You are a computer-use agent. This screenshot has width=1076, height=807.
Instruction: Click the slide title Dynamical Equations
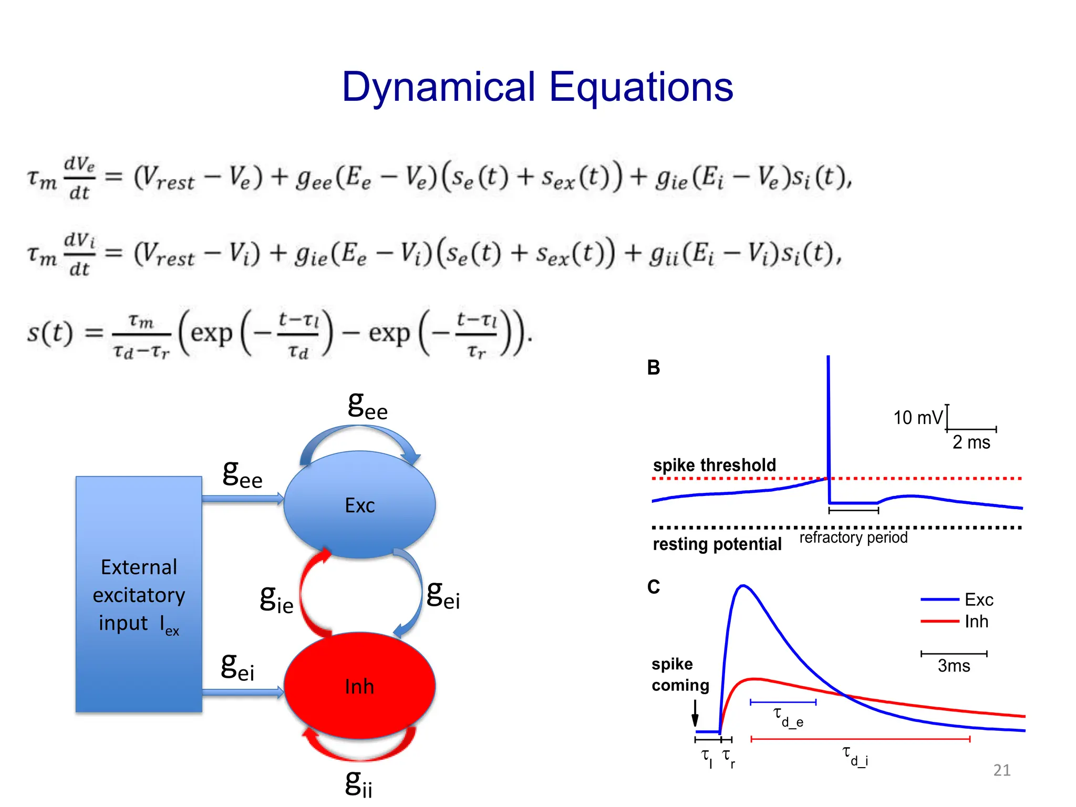coord(537,87)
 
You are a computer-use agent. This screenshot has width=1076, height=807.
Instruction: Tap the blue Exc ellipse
coord(360,505)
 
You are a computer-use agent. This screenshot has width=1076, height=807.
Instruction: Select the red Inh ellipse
coord(360,686)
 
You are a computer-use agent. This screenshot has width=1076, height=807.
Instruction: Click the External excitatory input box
coord(139,594)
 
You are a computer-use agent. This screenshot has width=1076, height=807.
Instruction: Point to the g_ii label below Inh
coord(359,783)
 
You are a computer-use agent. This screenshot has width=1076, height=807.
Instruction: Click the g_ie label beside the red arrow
coord(276,599)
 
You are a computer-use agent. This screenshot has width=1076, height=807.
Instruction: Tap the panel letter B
coord(653,368)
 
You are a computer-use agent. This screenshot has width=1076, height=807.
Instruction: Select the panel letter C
coord(653,587)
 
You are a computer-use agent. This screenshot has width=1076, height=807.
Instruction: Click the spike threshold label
coord(714,465)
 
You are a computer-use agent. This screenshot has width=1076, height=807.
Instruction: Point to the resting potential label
coord(717,544)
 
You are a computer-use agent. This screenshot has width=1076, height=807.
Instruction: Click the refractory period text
coord(853,537)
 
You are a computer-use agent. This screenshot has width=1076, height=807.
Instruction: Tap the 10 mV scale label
coord(918,418)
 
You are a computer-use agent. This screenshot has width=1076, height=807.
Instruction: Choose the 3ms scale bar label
coord(954,666)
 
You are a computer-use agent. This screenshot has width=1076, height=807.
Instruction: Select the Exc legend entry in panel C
coord(978,599)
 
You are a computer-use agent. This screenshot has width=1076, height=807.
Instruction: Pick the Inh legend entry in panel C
coord(976,622)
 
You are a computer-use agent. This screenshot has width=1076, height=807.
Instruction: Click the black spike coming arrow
coord(695,713)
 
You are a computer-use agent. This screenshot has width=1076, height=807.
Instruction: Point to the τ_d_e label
coord(788,717)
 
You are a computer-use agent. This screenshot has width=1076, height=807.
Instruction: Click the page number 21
coord(1001,770)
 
